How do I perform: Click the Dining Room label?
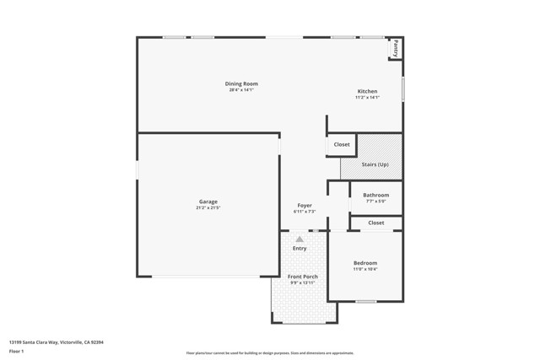pos(241,83)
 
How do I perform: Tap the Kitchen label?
pos(367,91)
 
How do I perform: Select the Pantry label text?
pos(395,47)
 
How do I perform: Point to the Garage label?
pos(208,201)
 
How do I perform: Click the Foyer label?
pos(305,206)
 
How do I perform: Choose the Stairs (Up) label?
pos(375,164)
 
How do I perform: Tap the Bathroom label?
pos(375,195)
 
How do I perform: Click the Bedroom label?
pos(365,263)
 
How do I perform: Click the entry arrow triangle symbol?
pos(300,239)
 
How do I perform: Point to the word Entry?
pos(300,248)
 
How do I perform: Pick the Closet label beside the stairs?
pos(342,144)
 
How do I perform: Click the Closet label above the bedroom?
pos(375,223)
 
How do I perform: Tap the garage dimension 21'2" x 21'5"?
pos(208,207)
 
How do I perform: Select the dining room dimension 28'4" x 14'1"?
pos(241,89)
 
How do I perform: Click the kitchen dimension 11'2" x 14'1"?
pos(367,97)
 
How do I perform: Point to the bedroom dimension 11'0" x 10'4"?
pos(365,269)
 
